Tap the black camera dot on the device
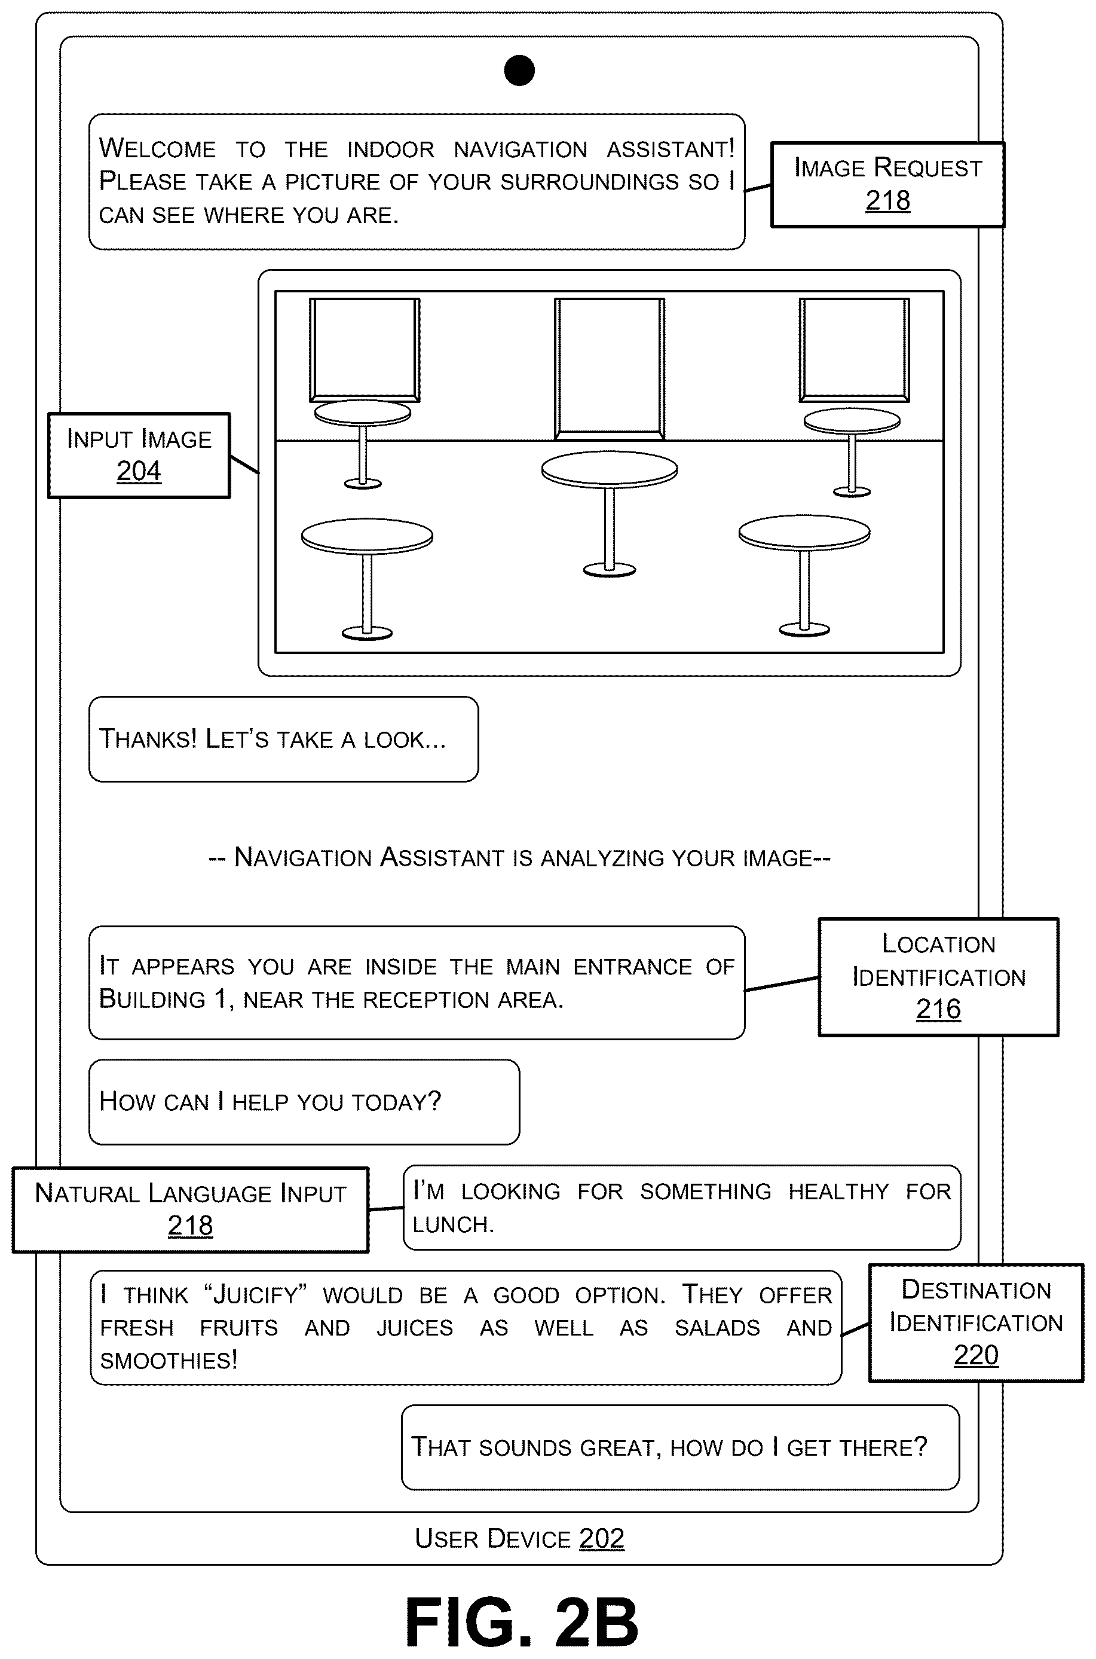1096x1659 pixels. click(x=519, y=71)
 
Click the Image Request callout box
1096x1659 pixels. click(x=887, y=185)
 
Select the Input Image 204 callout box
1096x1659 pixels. click(x=139, y=455)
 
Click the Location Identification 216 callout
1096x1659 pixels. click(x=939, y=977)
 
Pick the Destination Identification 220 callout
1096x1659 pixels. click(x=976, y=1323)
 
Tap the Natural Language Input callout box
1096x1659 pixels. click(x=190, y=1209)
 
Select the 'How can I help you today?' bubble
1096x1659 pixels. click(x=304, y=1102)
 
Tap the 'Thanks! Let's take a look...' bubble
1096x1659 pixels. click(x=284, y=739)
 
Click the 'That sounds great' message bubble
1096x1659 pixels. click(x=680, y=1447)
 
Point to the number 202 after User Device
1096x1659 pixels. click(x=601, y=1538)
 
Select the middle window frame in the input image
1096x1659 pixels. click(x=610, y=368)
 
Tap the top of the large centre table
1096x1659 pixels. click(x=610, y=469)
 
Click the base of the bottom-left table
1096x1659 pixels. click(x=367, y=633)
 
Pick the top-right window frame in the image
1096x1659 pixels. click(x=854, y=350)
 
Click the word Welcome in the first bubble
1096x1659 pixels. click(x=158, y=148)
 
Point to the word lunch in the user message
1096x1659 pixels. click(x=453, y=1224)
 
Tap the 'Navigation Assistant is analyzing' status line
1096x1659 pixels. click(x=519, y=857)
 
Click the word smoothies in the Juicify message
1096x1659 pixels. click(x=169, y=1359)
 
